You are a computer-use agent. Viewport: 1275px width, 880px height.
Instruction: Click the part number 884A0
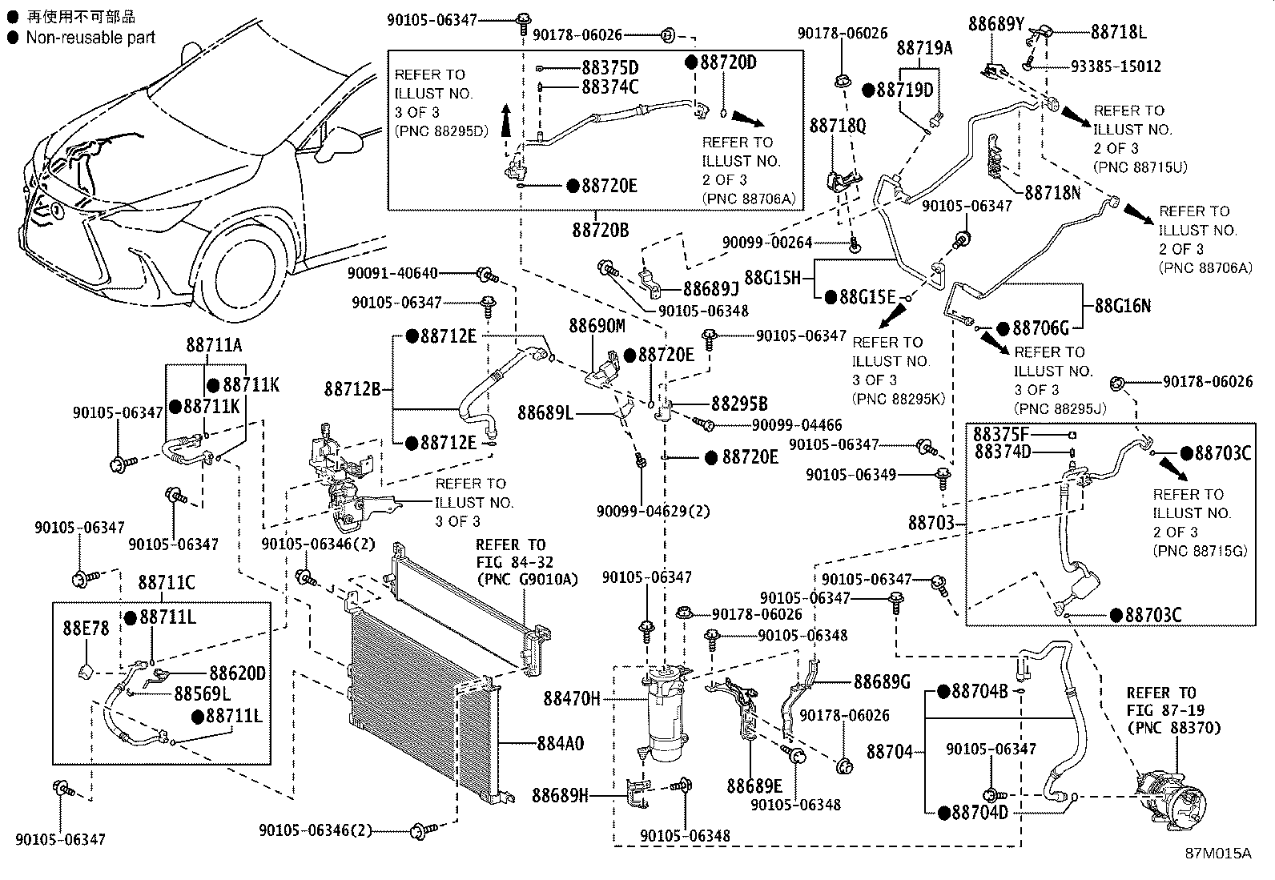tap(561, 743)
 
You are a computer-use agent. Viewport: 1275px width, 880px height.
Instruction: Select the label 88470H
tap(572, 698)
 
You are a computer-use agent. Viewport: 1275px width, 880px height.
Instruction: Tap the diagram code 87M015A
tap(1218, 854)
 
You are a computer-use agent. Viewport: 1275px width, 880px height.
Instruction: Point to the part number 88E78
tap(86, 628)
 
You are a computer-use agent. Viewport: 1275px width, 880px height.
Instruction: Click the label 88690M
tap(597, 326)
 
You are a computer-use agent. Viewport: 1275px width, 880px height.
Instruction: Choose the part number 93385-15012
tap(1116, 66)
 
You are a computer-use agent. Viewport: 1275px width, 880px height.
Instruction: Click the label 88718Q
tap(837, 125)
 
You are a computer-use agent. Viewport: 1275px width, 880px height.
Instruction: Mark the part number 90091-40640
tap(392, 274)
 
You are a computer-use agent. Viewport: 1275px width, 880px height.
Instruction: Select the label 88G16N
tap(1123, 306)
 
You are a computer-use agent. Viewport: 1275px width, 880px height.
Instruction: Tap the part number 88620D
tap(237, 673)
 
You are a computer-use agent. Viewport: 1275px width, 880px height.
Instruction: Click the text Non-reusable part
tap(90, 38)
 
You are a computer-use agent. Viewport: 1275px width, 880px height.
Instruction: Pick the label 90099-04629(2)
tap(654, 511)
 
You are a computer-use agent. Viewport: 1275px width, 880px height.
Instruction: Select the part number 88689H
tap(560, 795)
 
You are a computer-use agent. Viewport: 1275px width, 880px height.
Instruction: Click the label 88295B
tap(739, 404)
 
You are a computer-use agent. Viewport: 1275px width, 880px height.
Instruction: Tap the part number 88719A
tap(924, 48)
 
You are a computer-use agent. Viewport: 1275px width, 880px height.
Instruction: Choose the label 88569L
tap(203, 694)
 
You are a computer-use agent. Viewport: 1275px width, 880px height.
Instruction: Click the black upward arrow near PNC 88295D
tap(505, 120)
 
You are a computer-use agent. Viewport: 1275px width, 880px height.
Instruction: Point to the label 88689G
tap(882, 681)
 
